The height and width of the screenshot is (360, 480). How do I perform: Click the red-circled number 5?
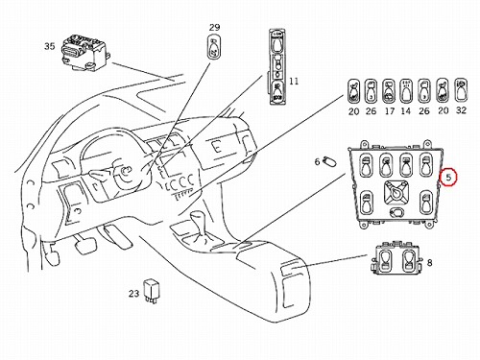click(448, 177)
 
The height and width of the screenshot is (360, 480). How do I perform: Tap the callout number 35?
click(50, 46)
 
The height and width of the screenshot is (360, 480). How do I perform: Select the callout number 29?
click(214, 27)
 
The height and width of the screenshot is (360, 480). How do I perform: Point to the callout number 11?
click(294, 82)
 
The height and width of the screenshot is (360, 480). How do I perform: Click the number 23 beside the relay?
click(134, 293)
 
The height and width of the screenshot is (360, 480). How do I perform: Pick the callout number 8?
click(429, 263)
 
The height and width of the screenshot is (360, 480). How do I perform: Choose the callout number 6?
click(317, 161)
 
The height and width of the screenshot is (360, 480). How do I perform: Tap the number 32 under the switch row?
click(461, 110)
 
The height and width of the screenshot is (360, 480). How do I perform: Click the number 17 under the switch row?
click(389, 111)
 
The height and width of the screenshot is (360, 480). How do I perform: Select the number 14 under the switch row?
click(405, 111)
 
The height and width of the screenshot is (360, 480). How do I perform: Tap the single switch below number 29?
click(215, 47)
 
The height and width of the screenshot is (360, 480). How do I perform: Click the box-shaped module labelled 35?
click(84, 54)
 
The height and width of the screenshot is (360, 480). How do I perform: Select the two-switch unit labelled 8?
click(396, 259)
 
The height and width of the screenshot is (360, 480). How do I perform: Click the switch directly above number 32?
click(461, 90)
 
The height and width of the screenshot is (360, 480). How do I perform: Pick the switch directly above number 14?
click(406, 91)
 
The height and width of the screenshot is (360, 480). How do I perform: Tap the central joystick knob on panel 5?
click(396, 192)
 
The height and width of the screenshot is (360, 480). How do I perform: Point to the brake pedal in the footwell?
click(85, 244)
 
